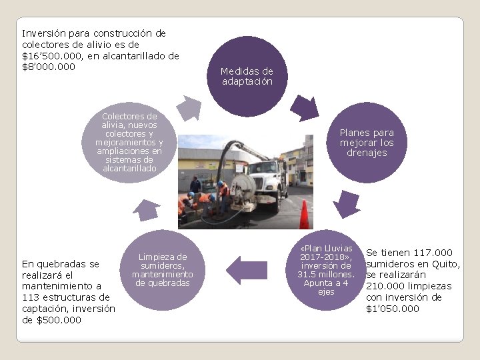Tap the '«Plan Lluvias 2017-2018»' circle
(326, 269)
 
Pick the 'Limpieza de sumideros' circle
(162, 269)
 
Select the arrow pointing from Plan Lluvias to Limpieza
(246, 270)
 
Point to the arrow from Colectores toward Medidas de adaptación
(188, 107)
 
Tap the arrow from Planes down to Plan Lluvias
(347, 204)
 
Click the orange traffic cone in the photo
(304, 215)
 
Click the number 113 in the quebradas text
(31, 297)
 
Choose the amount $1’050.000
(393, 309)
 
